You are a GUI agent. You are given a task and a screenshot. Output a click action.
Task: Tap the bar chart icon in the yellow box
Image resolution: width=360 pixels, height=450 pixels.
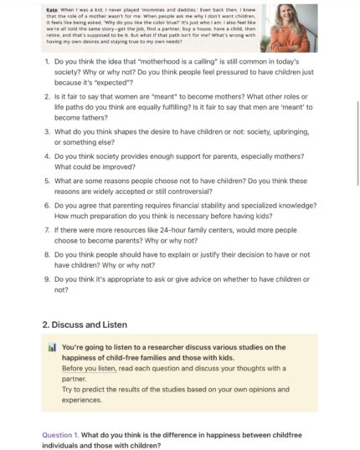[x=52, y=347]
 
